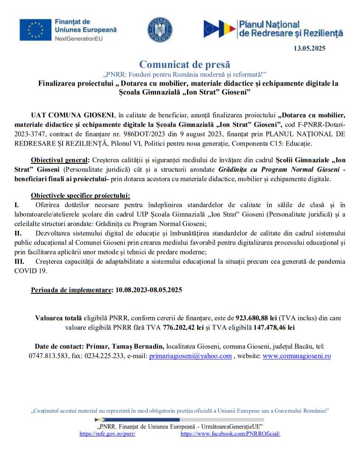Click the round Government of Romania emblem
159,30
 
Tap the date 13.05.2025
309,49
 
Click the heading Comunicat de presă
185,65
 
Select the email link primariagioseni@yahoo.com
190,356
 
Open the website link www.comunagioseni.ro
297,356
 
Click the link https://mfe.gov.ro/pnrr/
107,434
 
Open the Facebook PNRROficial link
230,434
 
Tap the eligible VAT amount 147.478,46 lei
274,327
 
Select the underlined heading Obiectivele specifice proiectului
80,196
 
